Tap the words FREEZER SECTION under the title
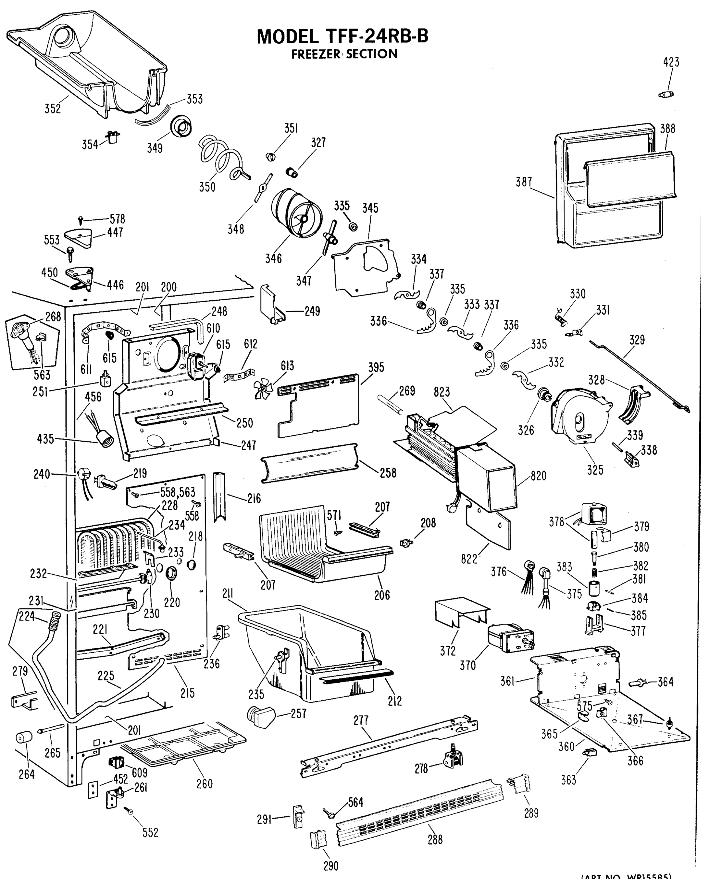(x=344, y=54)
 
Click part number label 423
(x=671, y=62)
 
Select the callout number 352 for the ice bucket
(x=53, y=109)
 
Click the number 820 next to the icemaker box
(x=538, y=476)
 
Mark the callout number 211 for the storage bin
(x=228, y=594)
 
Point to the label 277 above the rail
(x=361, y=720)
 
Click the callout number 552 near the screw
(x=150, y=832)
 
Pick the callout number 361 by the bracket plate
(x=507, y=681)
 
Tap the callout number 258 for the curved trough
(x=388, y=473)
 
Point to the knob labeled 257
(x=261, y=717)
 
